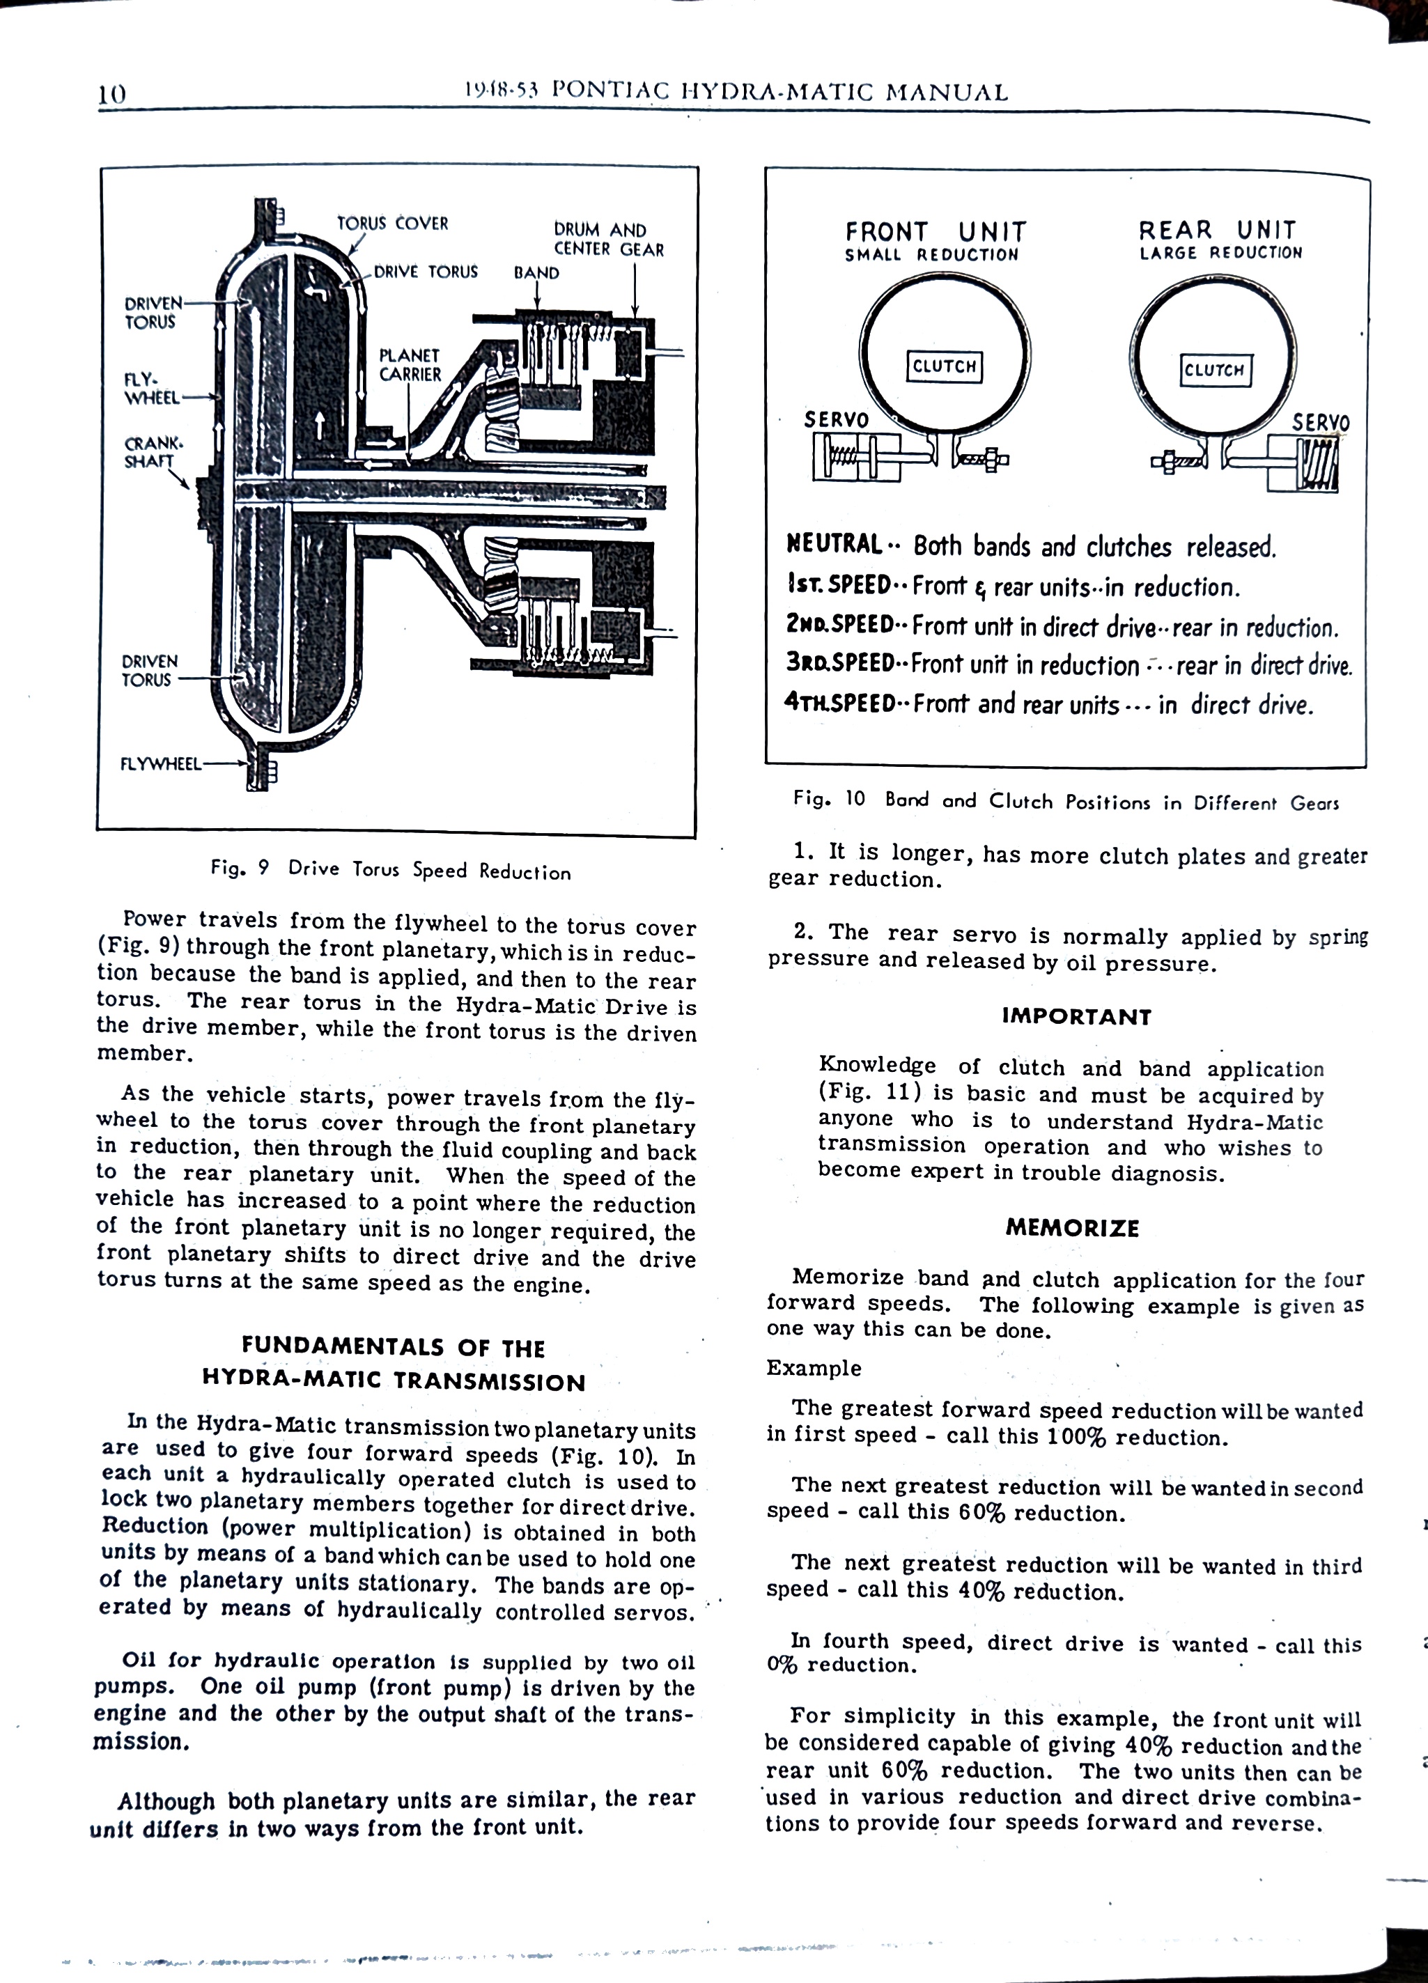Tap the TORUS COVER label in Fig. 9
tap(393, 223)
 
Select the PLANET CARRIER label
tap(410, 364)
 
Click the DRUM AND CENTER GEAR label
tap(609, 240)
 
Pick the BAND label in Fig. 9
tap(536, 273)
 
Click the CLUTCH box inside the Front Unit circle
tap(944, 366)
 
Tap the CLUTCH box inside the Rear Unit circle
tap(1215, 370)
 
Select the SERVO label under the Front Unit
tap(836, 420)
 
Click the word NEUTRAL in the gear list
tap(835, 545)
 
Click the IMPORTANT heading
tap(1076, 1016)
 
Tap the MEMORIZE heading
tap(1072, 1229)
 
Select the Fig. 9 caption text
tap(391, 870)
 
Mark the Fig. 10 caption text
tap(1065, 800)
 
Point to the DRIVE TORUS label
tap(426, 272)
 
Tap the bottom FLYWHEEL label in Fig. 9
tap(160, 763)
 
